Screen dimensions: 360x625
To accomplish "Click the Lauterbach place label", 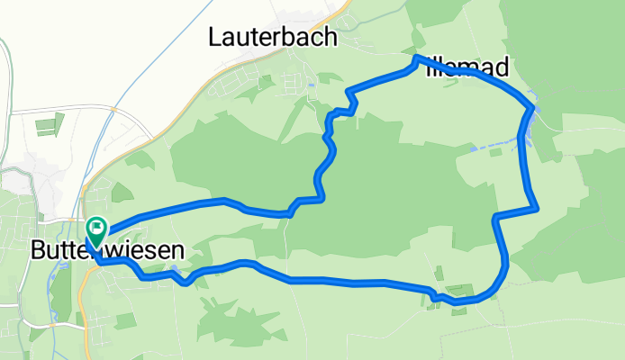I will [272, 38].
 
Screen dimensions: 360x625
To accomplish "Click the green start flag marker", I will [96, 229].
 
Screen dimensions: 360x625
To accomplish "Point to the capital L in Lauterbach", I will [214, 38].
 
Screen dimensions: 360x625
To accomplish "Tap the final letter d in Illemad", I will [502, 67].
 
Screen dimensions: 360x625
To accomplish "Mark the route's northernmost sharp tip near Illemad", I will [415, 58].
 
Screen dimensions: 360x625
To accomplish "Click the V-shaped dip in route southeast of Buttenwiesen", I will [186, 283].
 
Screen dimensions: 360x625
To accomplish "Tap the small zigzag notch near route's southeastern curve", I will [436, 294].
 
